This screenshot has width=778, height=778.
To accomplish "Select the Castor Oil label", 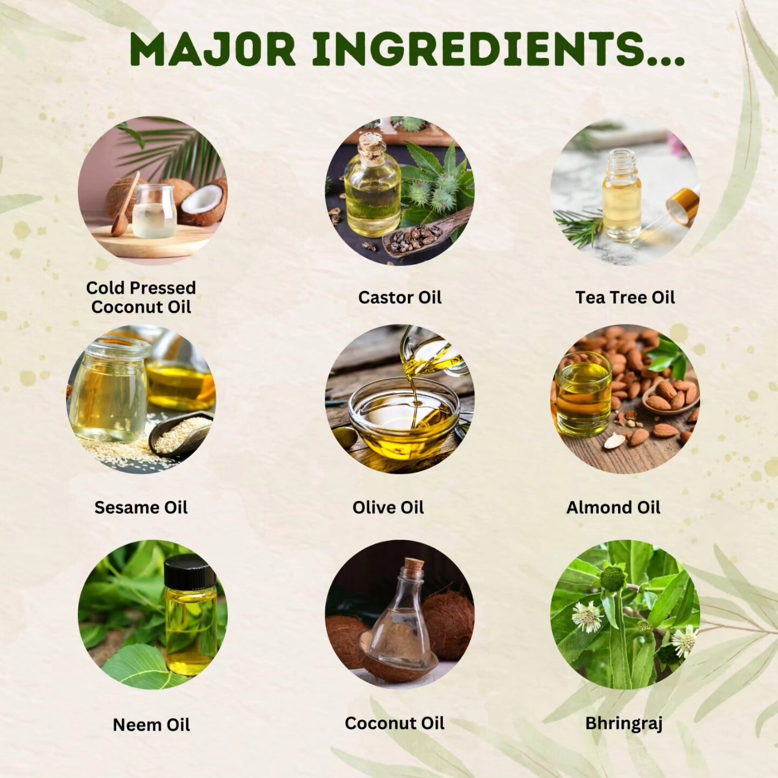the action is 400,298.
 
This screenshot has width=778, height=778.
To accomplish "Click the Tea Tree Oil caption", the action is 625,298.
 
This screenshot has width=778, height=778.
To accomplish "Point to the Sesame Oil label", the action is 141,507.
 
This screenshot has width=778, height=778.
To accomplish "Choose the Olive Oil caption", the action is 388,507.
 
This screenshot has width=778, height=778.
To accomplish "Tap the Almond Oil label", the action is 613,507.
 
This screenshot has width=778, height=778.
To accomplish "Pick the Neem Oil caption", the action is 151,725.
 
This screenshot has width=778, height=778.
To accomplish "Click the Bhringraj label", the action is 624,724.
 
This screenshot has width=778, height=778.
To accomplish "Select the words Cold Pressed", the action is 141,288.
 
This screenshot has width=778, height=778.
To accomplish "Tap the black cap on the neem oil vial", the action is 190,571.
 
